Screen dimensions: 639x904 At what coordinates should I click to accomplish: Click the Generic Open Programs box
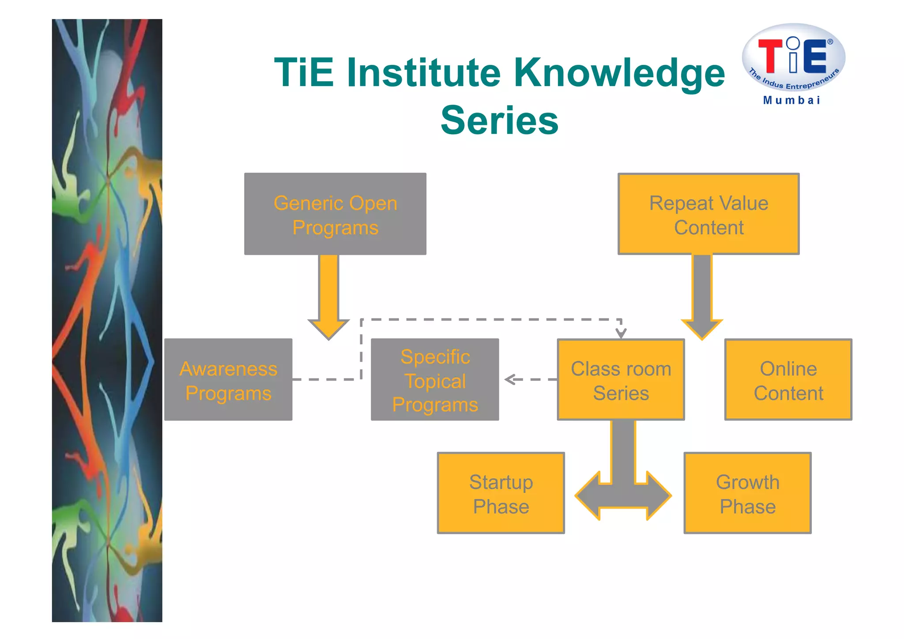[x=335, y=214]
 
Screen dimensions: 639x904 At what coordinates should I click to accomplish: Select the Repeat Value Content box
[x=708, y=214]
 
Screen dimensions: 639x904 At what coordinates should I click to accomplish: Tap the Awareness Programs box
[x=228, y=380]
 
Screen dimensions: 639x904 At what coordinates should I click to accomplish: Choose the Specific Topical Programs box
[x=435, y=380]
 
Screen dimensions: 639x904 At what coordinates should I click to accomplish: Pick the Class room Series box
[x=621, y=380]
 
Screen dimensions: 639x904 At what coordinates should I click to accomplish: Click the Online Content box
[x=788, y=380]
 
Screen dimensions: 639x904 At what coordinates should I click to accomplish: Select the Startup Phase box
[x=501, y=493]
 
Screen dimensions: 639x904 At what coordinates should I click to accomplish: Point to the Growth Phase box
[x=747, y=493]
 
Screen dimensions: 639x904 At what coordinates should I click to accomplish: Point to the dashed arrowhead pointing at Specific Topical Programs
[x=510, y=379]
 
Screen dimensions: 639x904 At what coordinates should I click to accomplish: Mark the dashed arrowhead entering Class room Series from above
[x=621, y=333]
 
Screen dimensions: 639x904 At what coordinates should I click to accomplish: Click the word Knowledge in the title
[x=620, y=72]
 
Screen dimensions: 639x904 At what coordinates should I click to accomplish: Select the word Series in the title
[x=500, y=120]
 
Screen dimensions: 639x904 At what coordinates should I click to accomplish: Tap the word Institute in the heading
[x=424, y=72]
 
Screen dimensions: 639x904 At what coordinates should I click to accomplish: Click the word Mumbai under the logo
[x=792, y=100]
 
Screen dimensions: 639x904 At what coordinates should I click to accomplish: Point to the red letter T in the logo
[x=770, y=56]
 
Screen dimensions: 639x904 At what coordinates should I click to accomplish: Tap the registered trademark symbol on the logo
[x=830, y=42]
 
